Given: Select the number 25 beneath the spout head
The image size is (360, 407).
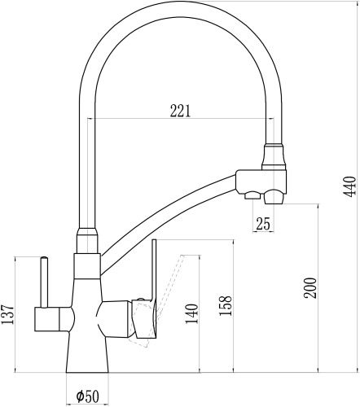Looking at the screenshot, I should tap(262, 223).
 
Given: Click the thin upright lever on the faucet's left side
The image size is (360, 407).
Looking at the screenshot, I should tap(41, 281).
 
